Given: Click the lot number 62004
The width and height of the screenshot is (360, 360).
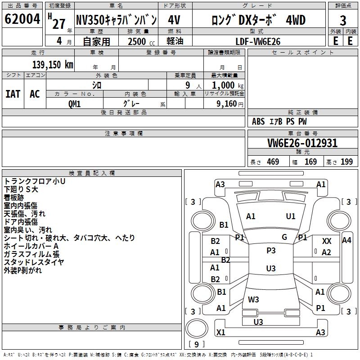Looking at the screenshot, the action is (x=22, y=20).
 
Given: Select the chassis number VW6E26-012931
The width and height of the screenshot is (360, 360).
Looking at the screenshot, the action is (x=302, y=144).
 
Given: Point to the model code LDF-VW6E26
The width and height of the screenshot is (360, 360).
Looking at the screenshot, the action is (x=259, y=41).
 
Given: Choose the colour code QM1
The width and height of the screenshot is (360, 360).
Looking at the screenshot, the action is (x=74, y=103).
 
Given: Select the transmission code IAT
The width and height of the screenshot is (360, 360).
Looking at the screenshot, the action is (x=13, y=94).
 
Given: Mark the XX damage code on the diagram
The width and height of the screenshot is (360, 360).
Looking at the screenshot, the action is (x=327, y=242).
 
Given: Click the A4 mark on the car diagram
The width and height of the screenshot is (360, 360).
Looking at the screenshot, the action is (x=346, y=240).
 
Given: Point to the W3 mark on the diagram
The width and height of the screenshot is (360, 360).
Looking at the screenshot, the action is (x=253, y=299).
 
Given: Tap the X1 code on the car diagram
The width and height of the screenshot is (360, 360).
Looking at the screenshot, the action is (x=221, y=333).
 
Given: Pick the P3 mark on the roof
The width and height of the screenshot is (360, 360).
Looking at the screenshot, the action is (x=271, y=251).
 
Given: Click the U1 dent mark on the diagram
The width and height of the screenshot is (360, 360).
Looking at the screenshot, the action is (x=291, y=216).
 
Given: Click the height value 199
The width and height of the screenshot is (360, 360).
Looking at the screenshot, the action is (x=346, y=162).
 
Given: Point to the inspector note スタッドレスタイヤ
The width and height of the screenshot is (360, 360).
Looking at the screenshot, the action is (x=34, y=262).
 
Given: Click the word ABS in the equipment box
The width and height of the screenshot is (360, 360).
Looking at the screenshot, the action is (x=258, y=121).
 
